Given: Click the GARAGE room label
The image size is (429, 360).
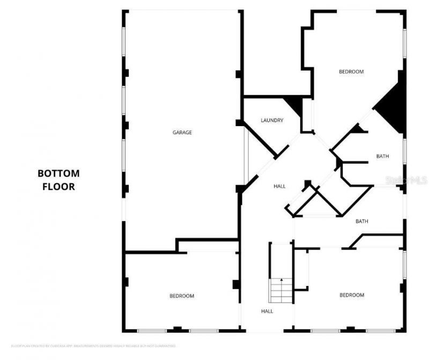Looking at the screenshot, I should tap(182, 133).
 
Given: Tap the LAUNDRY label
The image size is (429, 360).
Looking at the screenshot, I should tap(272, 121).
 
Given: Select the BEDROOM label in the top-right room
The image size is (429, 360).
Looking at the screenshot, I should tap(351, 72).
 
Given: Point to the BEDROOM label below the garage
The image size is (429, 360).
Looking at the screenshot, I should tap(182, 296).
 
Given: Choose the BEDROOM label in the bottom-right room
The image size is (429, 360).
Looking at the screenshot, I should tap(351, 295).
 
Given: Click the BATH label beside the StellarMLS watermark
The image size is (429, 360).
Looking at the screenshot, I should tap(382, 157).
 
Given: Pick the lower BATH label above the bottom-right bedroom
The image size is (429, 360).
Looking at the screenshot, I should tap(362, 221).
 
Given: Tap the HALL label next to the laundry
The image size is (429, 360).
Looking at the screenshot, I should tap(279, 187).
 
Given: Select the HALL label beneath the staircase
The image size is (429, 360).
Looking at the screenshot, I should tap(267, 311).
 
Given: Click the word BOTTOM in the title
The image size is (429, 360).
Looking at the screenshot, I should tap(58, 173).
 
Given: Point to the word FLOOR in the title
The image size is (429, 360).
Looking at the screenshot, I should tap(58, 187).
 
